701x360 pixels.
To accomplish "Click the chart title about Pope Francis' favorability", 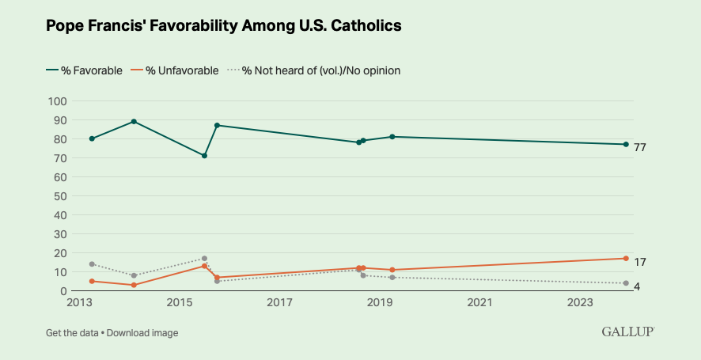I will tap(224, 26).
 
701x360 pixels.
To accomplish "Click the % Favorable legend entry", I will tap(85, 70).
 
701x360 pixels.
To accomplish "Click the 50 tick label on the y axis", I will tap(59, 196).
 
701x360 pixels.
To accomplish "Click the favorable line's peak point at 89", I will tap(134, 122).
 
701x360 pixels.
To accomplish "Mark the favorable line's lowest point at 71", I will tap(204, 156).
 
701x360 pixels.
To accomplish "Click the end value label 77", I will tap(640, 147).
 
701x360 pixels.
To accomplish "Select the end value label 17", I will tap(640, 262).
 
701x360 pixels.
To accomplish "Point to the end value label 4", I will tap(637, 286).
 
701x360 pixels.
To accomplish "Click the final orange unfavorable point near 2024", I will tap(626, 259).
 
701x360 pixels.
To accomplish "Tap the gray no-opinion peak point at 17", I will tap(204, 259).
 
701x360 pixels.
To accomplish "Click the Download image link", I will tap(142, 333).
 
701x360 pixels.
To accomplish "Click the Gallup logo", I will tap(627, 332).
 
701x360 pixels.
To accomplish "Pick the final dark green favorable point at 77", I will tap(626, 145).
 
